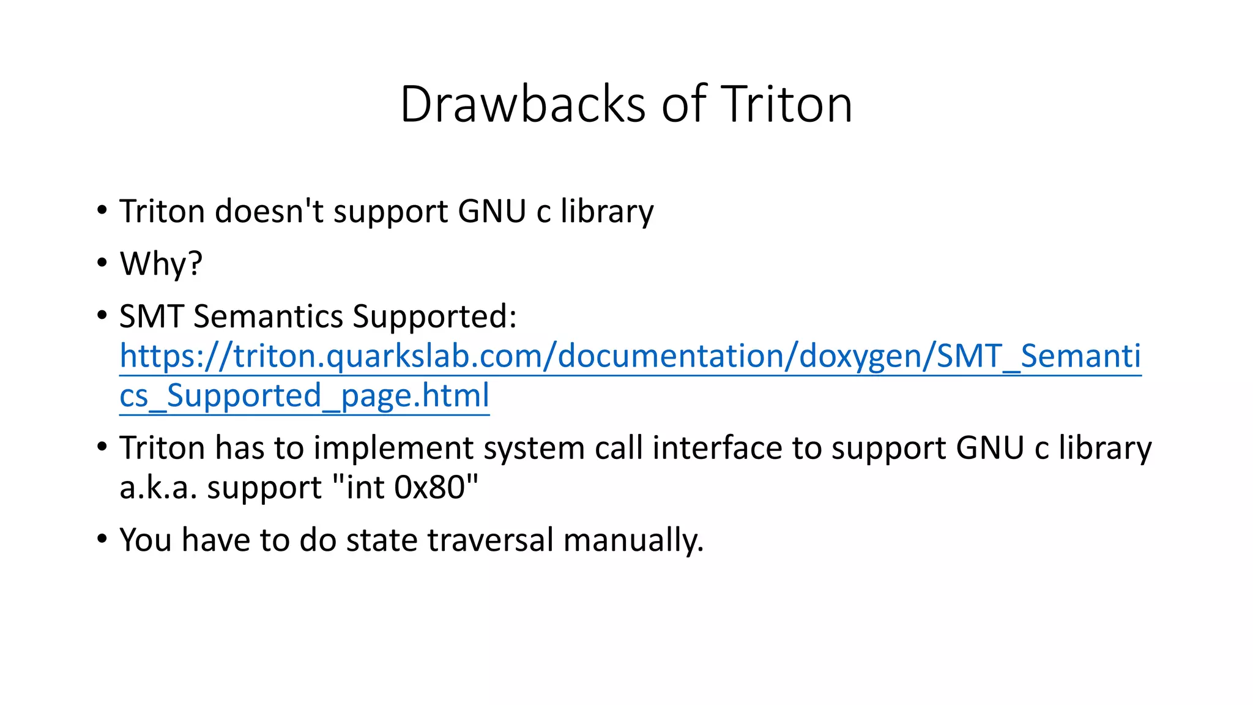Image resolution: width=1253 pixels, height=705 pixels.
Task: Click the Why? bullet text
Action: (161, 264)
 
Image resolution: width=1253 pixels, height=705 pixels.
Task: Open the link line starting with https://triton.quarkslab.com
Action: (630, 356)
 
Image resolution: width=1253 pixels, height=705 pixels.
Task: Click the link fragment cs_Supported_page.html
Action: (304, 396)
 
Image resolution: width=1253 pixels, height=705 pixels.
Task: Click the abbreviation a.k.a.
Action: (158, 488)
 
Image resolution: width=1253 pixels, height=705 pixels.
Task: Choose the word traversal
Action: (489, 540)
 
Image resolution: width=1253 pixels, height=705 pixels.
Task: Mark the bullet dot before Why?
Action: (102, 263)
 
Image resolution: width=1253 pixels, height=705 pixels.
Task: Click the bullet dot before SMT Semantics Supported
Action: (102, 315)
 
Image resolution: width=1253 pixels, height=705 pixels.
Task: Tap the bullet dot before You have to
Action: (102, 539)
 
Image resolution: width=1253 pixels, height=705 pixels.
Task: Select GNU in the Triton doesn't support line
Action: (491, 212)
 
